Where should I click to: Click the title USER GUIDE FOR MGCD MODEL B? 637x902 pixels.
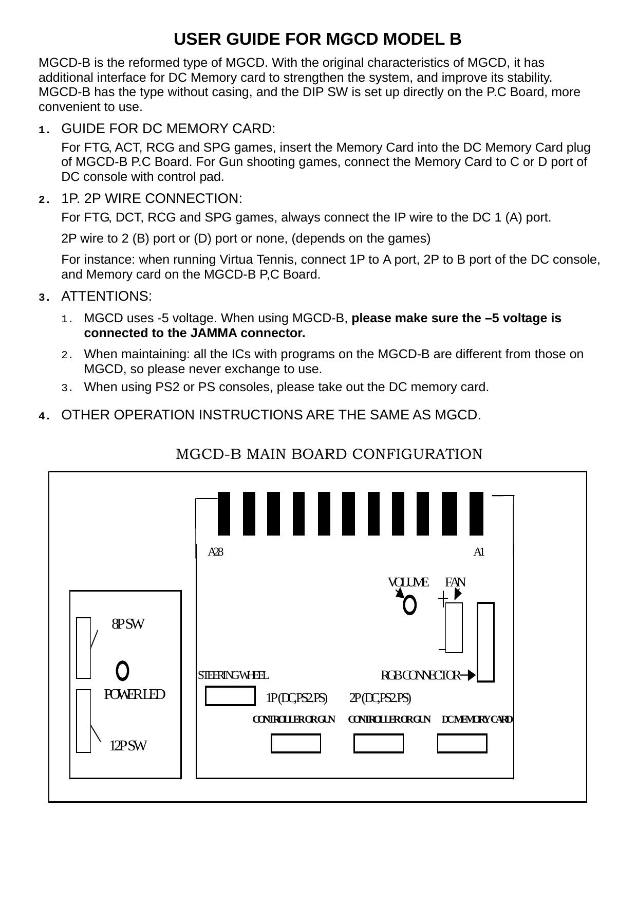tap(317, 39)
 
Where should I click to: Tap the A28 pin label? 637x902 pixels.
tap(215, 552)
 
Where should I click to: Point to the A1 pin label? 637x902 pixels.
tap(479, 552)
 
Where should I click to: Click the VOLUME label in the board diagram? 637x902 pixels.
tap(408, 582)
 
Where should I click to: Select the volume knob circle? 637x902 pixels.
tap(409, 605)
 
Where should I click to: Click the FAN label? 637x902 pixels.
tap(455, 582)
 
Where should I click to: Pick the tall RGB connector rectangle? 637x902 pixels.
tap(485, 641)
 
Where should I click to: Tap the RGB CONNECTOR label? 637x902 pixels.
tap(420, 675)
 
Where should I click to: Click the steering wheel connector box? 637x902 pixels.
tap(230, 696)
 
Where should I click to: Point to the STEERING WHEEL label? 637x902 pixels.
tap(233, 675)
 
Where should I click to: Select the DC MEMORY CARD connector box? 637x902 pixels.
tap(462, 743)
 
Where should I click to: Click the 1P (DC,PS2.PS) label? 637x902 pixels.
tap(296, 698)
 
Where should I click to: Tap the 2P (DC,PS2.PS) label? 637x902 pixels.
tap(380, 698)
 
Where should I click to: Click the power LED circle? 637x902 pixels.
tap(122, 670)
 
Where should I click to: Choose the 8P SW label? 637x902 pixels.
tap(128, 624)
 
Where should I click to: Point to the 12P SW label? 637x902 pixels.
tap(128, 745)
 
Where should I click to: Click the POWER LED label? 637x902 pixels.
tap(135, 694)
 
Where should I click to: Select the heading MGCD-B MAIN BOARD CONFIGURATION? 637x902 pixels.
tap(329, 454)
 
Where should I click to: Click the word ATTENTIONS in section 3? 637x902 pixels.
tap(106, 297)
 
